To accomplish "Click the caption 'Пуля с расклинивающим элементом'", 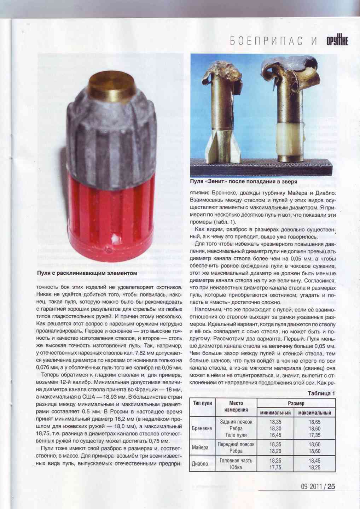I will point(87,273).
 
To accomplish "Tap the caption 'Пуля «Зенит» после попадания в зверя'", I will point(244,181).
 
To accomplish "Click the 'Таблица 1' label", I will point(321,393).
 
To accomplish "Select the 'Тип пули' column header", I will point(203,403).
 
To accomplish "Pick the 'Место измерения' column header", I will point(236,406).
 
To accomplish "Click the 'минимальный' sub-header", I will point(275,413).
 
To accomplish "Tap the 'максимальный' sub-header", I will point(315,413).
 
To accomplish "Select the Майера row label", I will point(200,447).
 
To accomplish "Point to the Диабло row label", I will point(200,464).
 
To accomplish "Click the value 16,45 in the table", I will point(275,435).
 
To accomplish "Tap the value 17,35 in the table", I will point(314,435).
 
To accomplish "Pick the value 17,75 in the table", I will point(275,467).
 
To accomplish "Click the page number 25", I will point(331,486).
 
